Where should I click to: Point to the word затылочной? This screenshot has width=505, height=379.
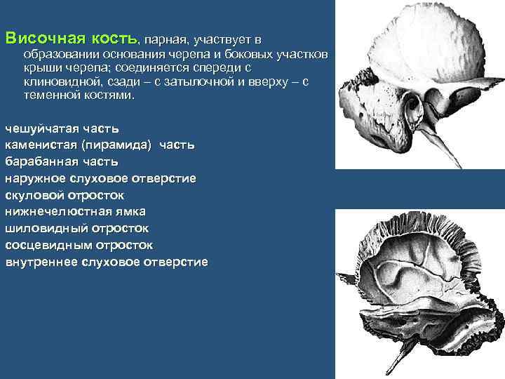click(200, 82)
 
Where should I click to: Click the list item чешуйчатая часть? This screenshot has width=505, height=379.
click(62, 128)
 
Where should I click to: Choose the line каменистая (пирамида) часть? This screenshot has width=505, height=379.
click(100, 145)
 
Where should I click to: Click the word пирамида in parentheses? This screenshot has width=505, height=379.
click(119, 145)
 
